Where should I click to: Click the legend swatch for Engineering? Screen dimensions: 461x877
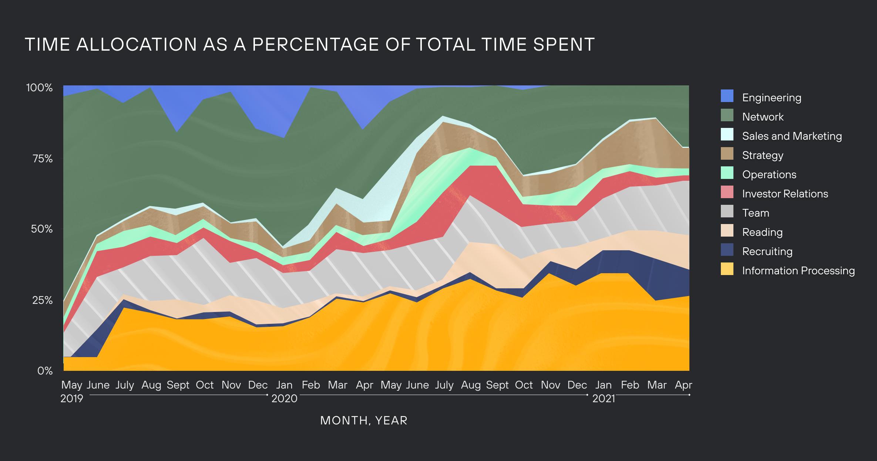coord(727,96)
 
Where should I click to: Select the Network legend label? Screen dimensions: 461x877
coord(763,117)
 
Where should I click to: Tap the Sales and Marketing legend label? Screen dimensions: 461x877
coord(792,136)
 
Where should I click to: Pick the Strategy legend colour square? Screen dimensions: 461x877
coord(727,154)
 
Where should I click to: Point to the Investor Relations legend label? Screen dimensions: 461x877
coord(785,194)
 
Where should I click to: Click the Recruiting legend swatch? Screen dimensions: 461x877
coord(727,250)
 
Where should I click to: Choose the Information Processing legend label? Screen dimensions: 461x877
coord(798,271)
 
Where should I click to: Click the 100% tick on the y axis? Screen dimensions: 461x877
coord(39,88)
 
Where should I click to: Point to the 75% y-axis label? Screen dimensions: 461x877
coord(43,159)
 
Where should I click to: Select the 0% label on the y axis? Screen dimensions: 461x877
coord(45,371)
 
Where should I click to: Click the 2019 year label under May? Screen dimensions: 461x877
coord(71,399)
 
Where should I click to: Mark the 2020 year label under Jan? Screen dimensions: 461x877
coord(284,399)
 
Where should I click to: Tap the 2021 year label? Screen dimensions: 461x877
coord(603,399)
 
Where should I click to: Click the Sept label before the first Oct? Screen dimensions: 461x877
coord(178,385)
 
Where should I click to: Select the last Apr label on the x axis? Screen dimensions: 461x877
coord(683,385)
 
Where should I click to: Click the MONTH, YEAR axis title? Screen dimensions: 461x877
coord(364,421)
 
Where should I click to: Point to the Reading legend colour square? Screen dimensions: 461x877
coord(727,231)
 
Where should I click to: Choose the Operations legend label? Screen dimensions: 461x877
coord(769,174)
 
